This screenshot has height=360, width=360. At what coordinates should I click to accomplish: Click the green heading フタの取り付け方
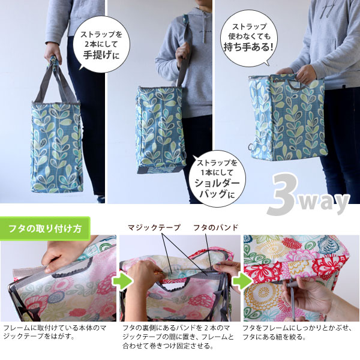point(45,229)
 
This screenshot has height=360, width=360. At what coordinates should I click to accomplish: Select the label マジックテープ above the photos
point(154,227)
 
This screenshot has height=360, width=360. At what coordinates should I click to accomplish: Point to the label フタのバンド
point(215,227)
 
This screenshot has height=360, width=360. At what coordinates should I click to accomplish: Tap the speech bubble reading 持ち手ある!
point(249,38)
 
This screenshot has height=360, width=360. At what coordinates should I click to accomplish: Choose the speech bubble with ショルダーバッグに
point(217,179)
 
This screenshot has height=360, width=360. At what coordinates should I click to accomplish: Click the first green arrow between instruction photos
point(122,281)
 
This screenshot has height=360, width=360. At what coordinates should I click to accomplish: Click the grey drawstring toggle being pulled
point(289,286)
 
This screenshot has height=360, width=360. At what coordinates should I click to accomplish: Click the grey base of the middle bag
point(161,170)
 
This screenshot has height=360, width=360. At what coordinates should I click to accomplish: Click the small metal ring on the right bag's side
point(251,146)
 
